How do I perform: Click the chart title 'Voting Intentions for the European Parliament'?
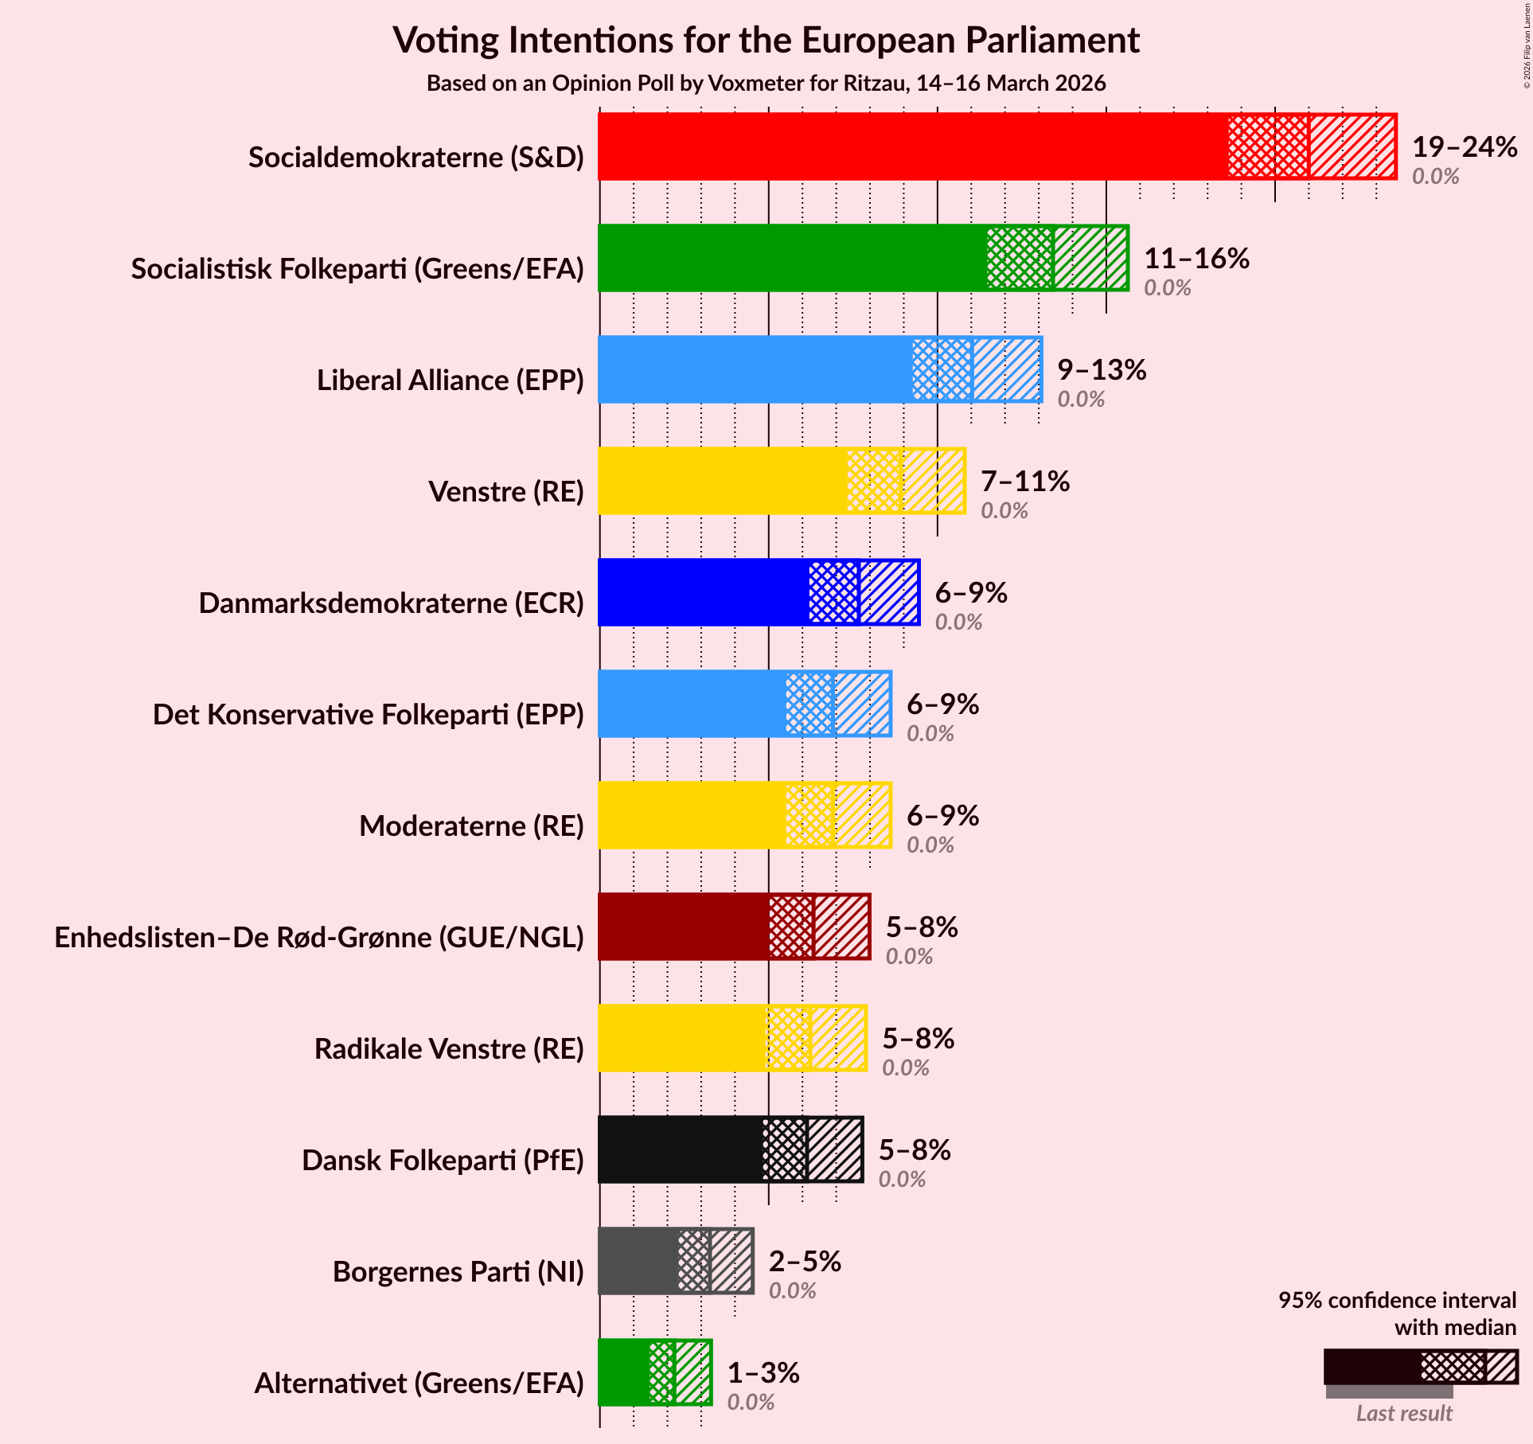[x=766, y=41]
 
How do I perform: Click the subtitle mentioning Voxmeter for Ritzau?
[x=766, y=84]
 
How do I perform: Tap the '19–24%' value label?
[x=1464, y=147]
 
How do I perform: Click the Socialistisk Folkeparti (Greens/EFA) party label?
[x=357, y=269]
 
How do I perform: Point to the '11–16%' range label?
[x=1196, y=259]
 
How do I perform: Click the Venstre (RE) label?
[x=506, y=492]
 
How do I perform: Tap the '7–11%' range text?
[x=1024, y=482]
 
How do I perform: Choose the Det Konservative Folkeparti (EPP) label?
[x=368, y=715]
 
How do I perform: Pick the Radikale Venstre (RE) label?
[x=449, y=1049]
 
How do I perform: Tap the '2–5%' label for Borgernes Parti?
[x=804, y=1262]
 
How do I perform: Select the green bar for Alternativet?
[x=623, y=1372]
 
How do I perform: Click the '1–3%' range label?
[x=763, y=1373]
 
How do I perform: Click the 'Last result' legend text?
[x=1404, y=1413]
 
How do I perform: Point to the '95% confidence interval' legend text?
[x=1397, y=1300]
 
